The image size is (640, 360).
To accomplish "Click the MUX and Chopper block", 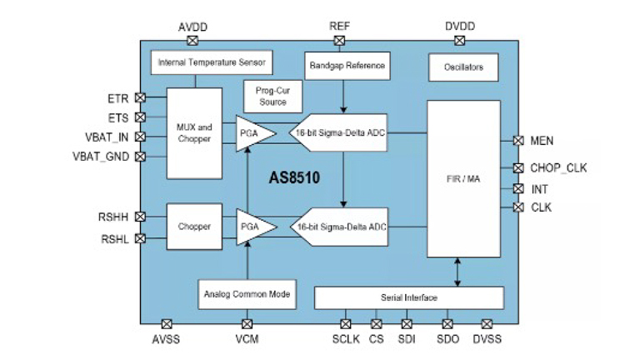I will pos(193,132).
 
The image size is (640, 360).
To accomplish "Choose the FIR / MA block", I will pos(457,179).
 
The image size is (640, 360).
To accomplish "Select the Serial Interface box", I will pos(408,297).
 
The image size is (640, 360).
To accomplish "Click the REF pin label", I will pos(339,27).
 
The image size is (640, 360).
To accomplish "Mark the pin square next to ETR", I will pos(140,97).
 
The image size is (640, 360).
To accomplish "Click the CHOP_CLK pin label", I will pos(558,168).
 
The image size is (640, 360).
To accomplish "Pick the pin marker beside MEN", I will pos(518,141).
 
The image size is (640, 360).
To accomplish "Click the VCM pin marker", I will pos(247,323).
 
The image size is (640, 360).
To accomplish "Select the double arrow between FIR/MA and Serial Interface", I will pos(457,272).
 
